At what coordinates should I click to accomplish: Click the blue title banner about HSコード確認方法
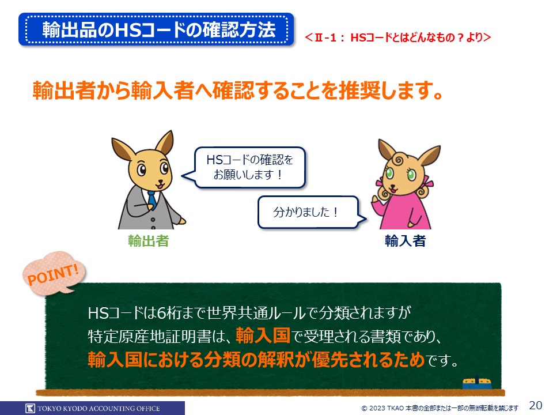click(156, 29)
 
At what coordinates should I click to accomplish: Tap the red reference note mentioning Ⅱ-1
click(397, 37)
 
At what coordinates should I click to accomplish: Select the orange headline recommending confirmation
click(238, 90)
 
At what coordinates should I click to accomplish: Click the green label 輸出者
click(149, 241)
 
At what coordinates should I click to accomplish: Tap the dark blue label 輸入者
click(405, 241)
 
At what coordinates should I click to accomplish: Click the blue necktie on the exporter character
click(151, 200)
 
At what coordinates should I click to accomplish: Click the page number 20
click(536, 405)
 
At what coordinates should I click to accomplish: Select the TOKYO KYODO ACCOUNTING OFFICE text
click(99, 408)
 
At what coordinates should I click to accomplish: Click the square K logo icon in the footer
click(31, 408)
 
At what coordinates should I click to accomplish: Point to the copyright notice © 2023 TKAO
click(440, 408)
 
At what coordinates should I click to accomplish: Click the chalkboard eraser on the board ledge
click(477, 383)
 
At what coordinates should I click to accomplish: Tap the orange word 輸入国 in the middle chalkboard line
click(263, 335)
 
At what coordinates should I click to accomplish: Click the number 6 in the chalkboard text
click(161, 312)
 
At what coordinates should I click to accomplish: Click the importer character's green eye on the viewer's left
click(389, 173)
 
